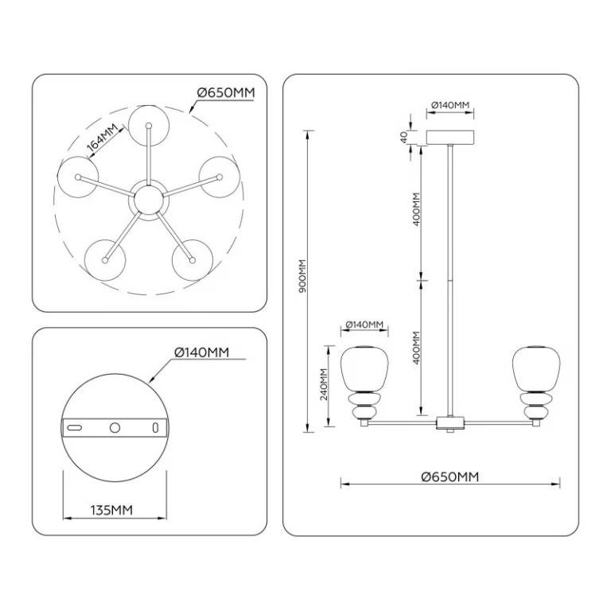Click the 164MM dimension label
(102, 138)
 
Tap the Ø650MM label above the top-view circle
(226, 93)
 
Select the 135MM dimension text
(111, 510)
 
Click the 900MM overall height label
(303, 276)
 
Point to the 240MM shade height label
(324, 384)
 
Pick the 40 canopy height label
(403, 137)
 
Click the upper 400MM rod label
(416, 209)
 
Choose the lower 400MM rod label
(416, 348)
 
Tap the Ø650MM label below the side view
(450, 477)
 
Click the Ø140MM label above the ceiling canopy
(450, 105)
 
